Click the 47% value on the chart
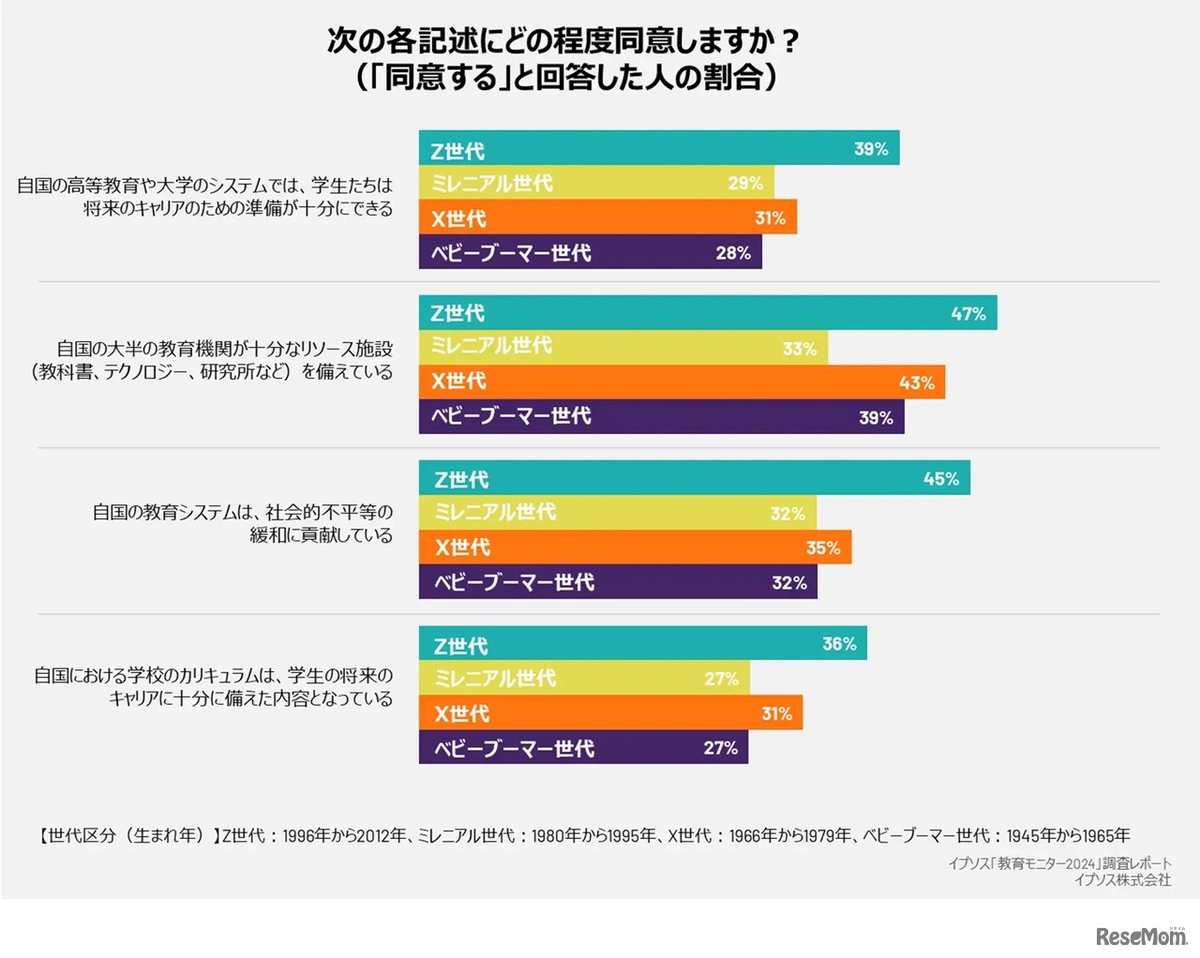tap(968, 314)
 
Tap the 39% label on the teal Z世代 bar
tap(871, 149)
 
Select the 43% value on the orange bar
tap(916, 382)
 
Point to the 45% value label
tap(940, 479)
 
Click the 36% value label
tap(839, 644)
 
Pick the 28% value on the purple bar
tap(733, 253)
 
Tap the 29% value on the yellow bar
tap(745, 184)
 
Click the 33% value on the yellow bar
tap(800, 349)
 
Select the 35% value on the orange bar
tap(823, 548)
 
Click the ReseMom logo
tap(1140, 936)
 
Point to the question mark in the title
tap(789, 41)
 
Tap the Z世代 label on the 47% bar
tap(457, 314)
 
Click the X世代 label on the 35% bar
tap(462, 548)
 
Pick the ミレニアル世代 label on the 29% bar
tap(491, 184)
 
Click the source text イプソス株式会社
tap(1122, 880)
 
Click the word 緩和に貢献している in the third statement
tap(321, 535)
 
